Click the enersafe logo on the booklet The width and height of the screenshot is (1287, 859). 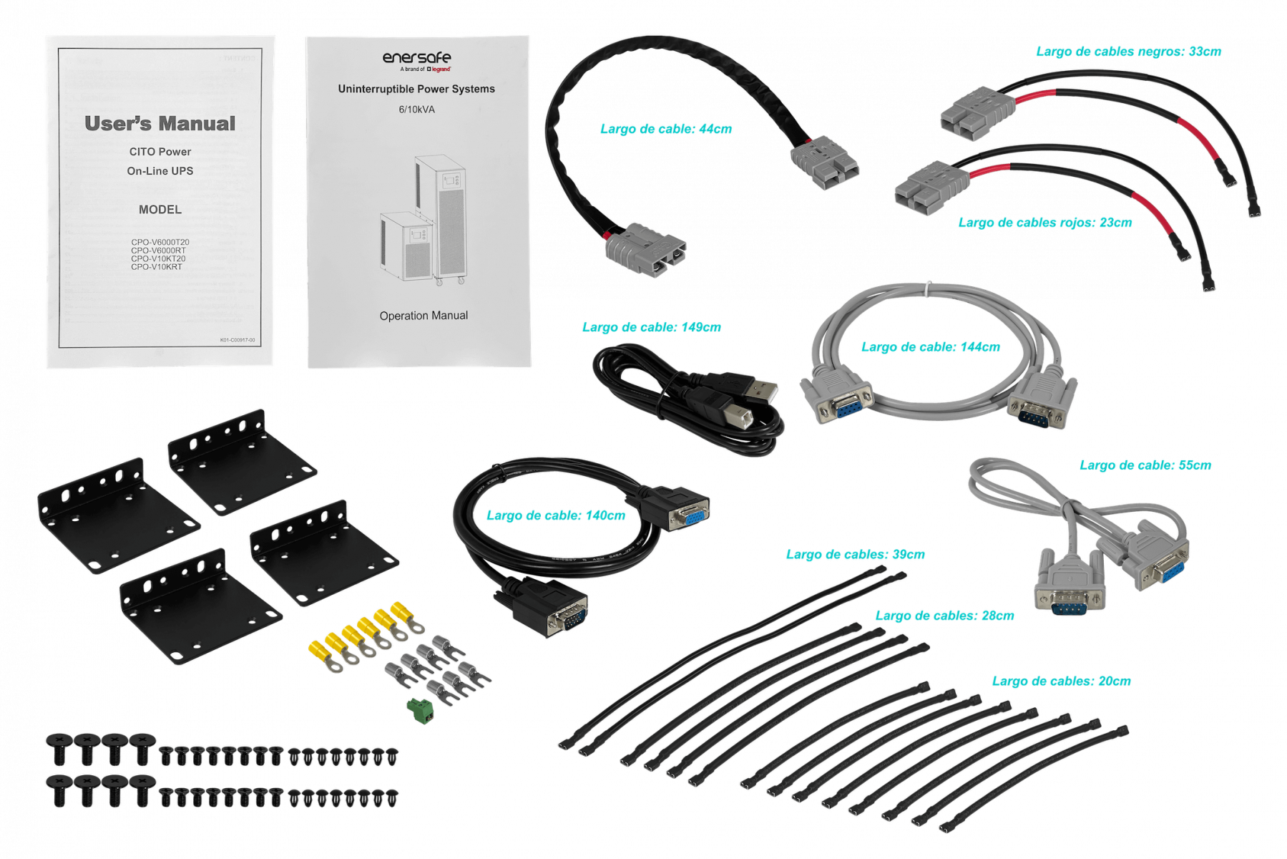416,58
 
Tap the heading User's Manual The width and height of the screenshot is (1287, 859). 160,124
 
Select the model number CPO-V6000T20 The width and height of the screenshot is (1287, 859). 160,242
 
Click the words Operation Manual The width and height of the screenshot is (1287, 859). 424,316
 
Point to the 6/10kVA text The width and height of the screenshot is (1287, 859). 416,110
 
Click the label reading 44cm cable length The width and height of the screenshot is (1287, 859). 666,130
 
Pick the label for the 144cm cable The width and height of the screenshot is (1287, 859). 930,348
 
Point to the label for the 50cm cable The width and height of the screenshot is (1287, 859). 1145,465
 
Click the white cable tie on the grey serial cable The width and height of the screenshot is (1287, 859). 929,288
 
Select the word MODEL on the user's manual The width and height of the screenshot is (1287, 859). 160,210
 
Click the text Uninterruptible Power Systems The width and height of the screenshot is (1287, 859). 416,89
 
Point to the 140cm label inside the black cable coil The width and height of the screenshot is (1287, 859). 556,515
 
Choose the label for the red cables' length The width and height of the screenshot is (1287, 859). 1045,223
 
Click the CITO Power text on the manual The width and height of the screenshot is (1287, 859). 160,152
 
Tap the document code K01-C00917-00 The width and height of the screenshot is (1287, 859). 238,341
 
